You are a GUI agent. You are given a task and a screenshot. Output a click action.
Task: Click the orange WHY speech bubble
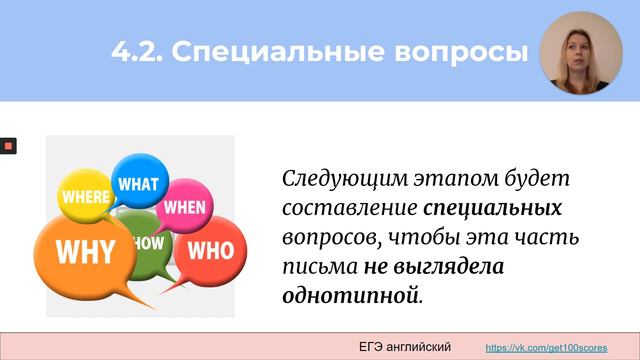point(85,251)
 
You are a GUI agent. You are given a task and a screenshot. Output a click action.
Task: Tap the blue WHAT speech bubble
point(139,184)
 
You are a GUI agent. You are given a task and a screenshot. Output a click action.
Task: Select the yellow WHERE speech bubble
point(87,197)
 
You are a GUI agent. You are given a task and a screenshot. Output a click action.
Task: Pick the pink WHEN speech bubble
point(184,207)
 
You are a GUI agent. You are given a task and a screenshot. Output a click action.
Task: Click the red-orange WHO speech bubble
point(209,249)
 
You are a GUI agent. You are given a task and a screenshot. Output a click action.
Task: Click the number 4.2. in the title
point(136,52)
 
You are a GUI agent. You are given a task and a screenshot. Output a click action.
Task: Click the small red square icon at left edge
point(7,146)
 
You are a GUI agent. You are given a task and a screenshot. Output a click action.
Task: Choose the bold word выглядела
point(449,267)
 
